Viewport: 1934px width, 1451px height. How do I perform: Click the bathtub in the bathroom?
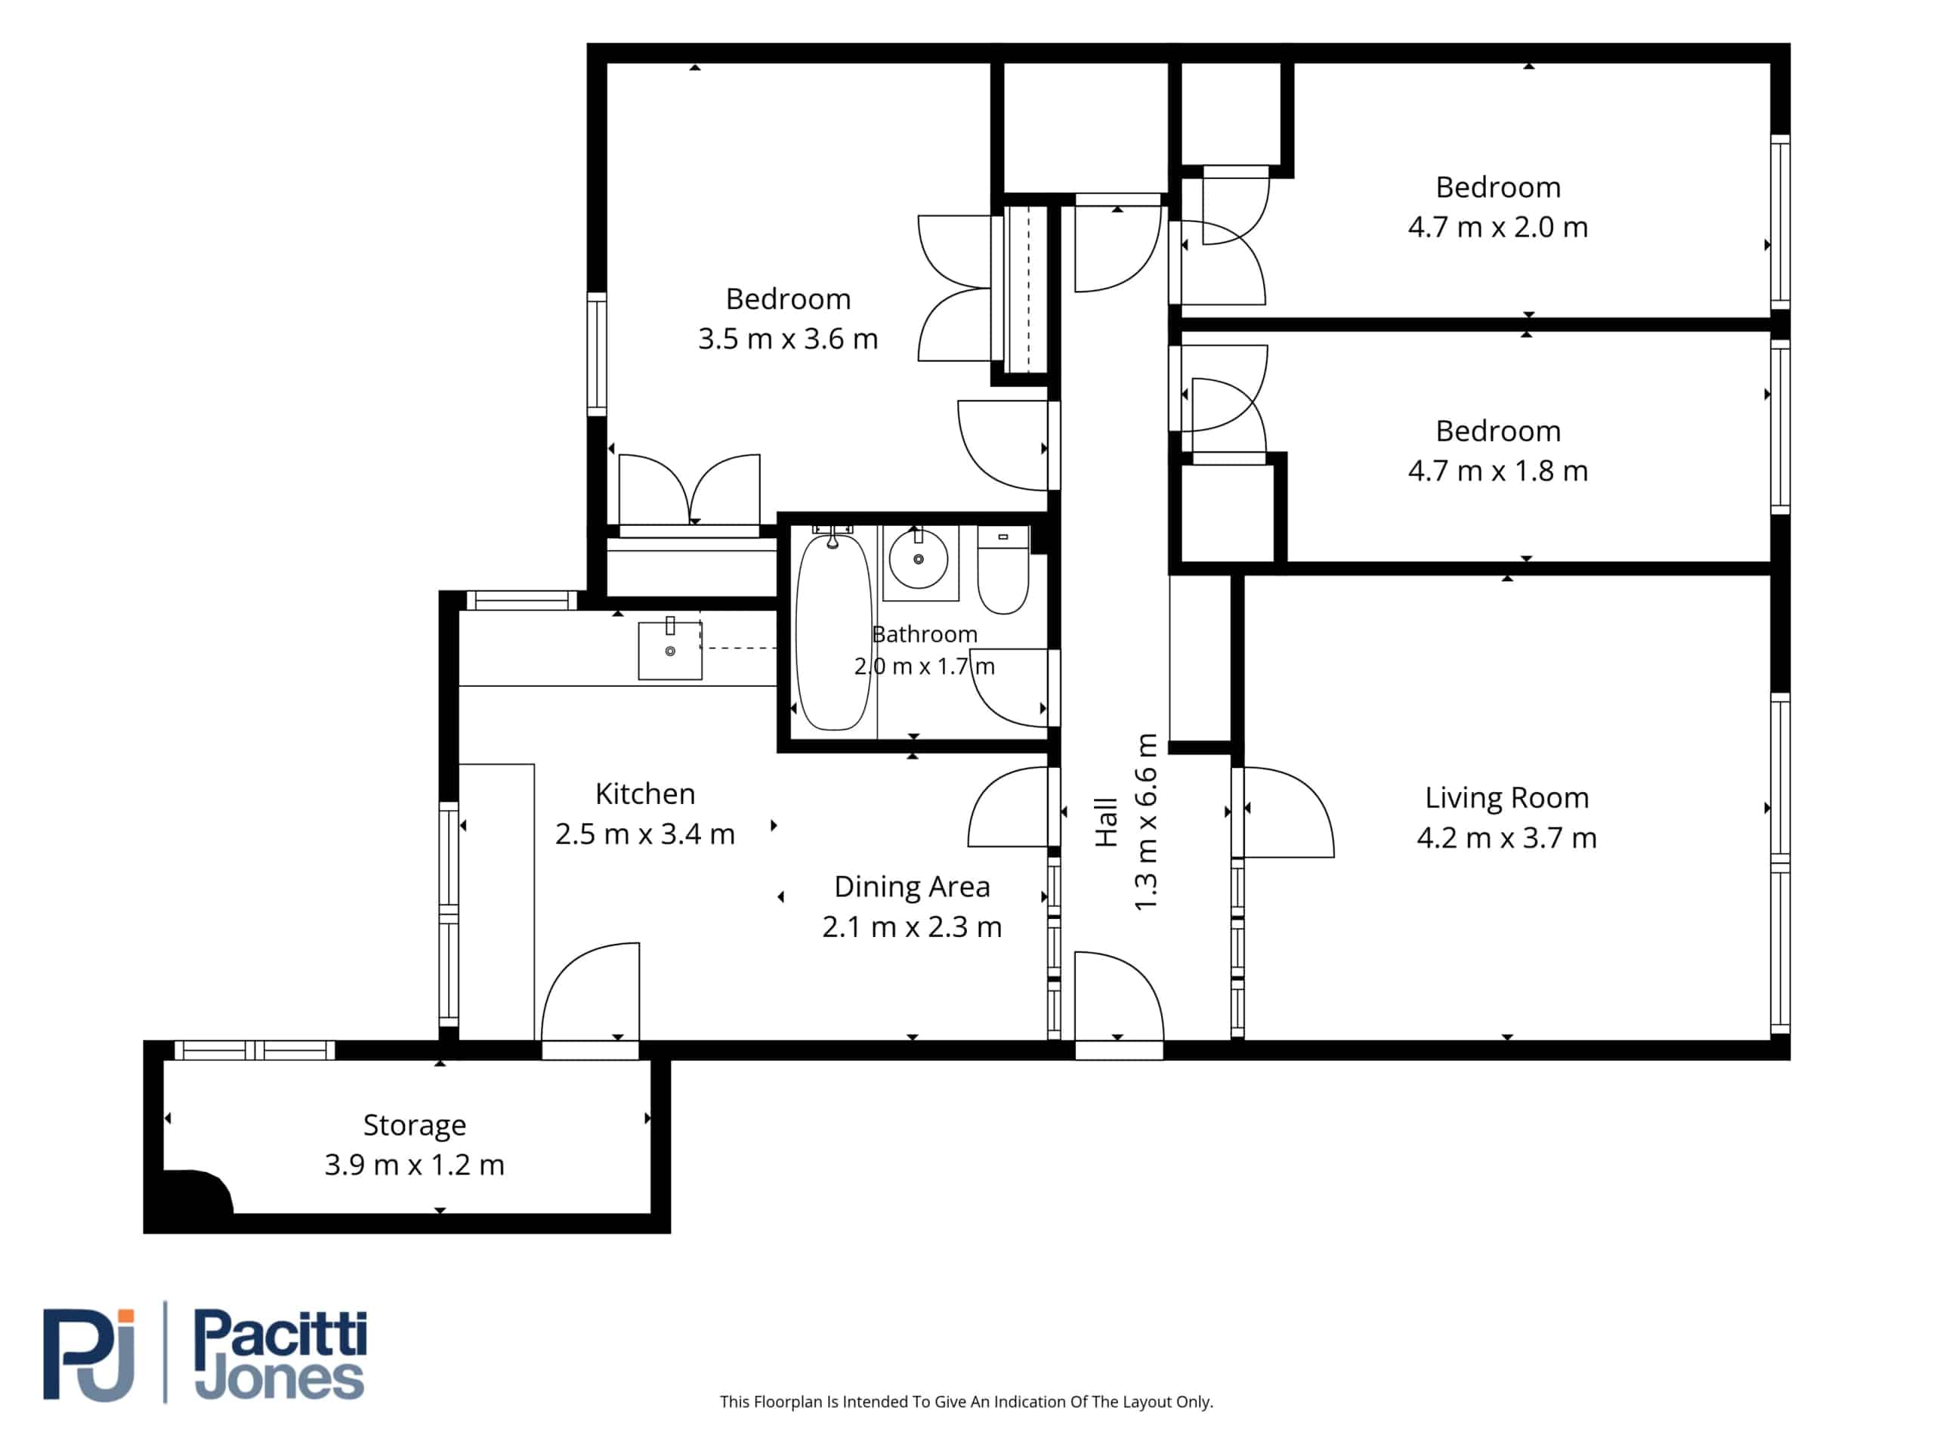point(833,632)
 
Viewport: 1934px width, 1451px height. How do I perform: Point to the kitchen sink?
point(670,650)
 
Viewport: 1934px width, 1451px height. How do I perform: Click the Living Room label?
point(1506,797)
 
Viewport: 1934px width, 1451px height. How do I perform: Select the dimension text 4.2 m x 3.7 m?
point(1506,838)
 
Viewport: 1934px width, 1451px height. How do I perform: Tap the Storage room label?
point(415,1125)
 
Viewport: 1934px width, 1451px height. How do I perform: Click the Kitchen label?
point(645,794)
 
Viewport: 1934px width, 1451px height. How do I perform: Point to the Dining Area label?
point(912,887)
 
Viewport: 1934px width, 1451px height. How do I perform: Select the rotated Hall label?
point(1107,821)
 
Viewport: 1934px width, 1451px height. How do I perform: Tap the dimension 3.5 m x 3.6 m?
point(788,339)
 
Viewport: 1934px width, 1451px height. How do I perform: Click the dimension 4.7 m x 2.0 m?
point(1497,227)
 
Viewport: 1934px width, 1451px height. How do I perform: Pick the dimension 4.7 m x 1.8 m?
point(1497,471)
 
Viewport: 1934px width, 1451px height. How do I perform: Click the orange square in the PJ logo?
point(127,1318)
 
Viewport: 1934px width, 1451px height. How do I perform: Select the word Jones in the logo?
point(279,1379)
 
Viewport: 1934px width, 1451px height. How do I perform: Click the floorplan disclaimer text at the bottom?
point(966,1401)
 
